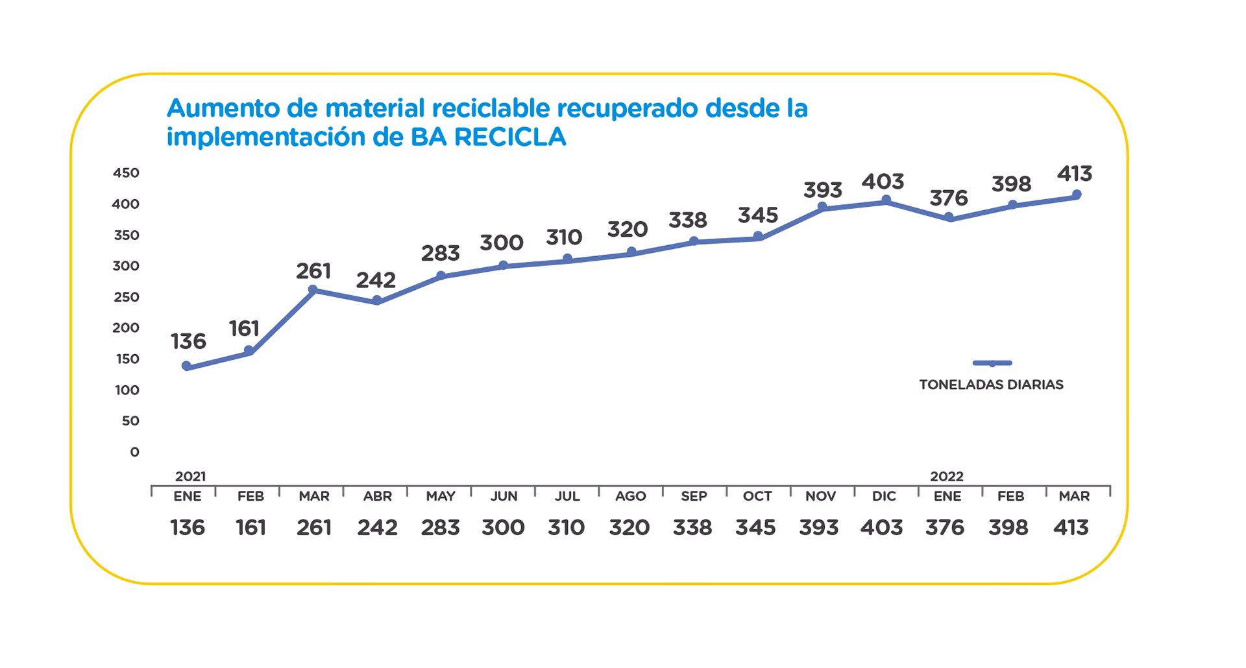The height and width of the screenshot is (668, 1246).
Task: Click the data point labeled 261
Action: [x=312, y=290]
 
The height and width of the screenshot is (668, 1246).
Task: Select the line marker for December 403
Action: [x=886, y=200]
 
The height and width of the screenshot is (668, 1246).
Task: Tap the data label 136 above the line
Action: [x=188, y=341]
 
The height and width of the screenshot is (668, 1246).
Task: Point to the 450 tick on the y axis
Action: [x=126, y=173]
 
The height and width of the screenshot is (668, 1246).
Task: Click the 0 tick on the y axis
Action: [x=134, y=452]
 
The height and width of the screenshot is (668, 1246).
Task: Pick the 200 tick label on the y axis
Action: [x=126, y=328]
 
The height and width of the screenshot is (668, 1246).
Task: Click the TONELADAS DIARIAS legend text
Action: [x=991, y=385]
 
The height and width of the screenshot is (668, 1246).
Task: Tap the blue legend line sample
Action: [x=992, y=363]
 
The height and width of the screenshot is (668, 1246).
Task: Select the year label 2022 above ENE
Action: [x=946, y=477]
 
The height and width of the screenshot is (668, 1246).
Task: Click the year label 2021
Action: [x=190, y=477]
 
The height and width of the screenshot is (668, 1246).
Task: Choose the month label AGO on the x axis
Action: [x=630, y=497]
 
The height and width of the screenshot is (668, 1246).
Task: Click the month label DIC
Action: [x=884, y=497]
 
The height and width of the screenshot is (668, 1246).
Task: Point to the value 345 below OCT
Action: [x=755, y=528]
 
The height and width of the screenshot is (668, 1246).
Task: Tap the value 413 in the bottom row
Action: [x=1071, y=528]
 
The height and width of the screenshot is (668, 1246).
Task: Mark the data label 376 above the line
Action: [x=948, y=198]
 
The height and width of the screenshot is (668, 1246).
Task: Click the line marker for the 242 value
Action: [x=376, y=300]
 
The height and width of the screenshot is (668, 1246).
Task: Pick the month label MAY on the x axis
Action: [x=440, y=497]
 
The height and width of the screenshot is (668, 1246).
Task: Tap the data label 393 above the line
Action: [x=822, y=190]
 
